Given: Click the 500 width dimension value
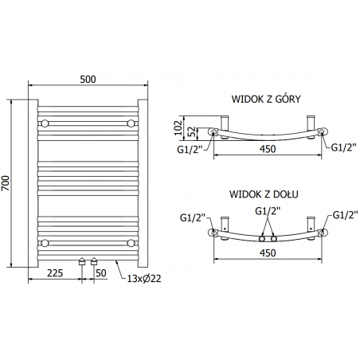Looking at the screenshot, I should tap(88, 78).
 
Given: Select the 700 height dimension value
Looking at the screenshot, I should tap(6, 182).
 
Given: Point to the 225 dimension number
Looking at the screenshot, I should tap(55, 272).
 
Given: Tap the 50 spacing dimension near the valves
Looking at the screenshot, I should tap(101, 272).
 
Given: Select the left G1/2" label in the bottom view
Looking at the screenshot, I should tap(194, 216).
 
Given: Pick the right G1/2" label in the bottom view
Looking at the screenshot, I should tap(344, 215).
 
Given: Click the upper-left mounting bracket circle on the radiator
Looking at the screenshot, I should tap(46, 123).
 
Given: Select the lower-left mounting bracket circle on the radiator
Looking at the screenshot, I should tap(46, 241).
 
